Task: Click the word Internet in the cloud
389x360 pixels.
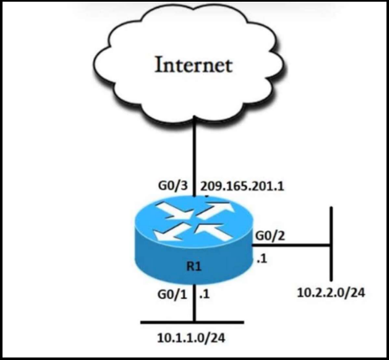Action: (x=194, y=65)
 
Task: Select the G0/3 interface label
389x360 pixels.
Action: (x=172, y=186)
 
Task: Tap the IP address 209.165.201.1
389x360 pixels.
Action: (x=242, y=186)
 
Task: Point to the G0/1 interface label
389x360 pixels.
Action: (x=172, y=295)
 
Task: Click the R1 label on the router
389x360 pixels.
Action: (x=194, y=266)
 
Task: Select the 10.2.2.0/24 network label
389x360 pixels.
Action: (x=331, y=293)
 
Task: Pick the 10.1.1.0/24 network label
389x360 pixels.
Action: (x=191, y=338)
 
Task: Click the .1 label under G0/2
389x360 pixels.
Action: (x=262, y=259)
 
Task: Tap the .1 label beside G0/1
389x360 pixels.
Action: (x=205, y=295)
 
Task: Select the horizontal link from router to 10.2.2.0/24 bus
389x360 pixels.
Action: (x=290, y=246)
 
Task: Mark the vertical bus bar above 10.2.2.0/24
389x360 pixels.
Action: (x=331, y=244)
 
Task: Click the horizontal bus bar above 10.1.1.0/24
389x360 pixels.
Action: (x=192, y=322)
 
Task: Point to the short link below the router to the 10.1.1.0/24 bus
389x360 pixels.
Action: (x=194, y=302)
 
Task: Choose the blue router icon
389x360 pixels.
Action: (x=194, y=240)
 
